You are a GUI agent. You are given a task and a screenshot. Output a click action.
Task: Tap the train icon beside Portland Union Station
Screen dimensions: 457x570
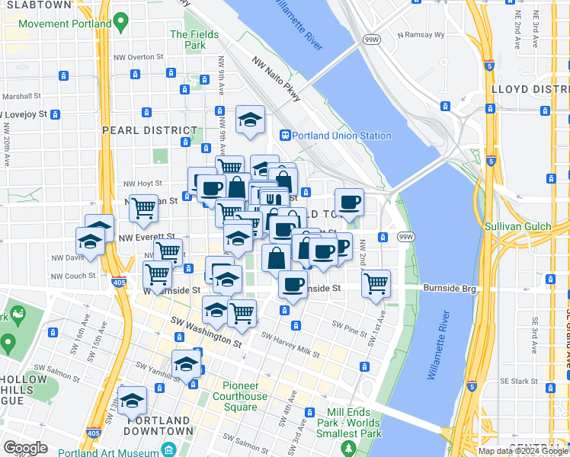[x=285, y=136]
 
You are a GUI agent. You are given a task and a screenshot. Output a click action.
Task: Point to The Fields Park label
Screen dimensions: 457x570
[x=194, y=40]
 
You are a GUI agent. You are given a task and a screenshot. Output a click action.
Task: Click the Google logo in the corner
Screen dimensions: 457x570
[x=25, y=447]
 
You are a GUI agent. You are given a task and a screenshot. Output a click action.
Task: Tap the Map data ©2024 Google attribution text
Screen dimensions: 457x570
[x=523, y=451]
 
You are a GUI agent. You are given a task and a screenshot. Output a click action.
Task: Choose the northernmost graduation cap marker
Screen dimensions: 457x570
[x=250, y=120]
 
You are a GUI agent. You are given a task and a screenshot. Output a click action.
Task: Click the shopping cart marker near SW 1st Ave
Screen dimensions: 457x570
[x=376, y=283]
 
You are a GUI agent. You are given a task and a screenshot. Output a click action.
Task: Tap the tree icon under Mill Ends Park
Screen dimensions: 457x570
[x=349, y=448]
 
